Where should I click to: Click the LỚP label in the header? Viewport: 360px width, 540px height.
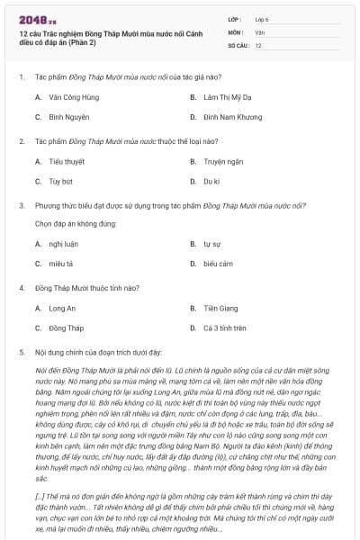(x=234, y=18)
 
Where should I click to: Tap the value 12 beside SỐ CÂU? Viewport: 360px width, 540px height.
(x=258, y=45)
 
